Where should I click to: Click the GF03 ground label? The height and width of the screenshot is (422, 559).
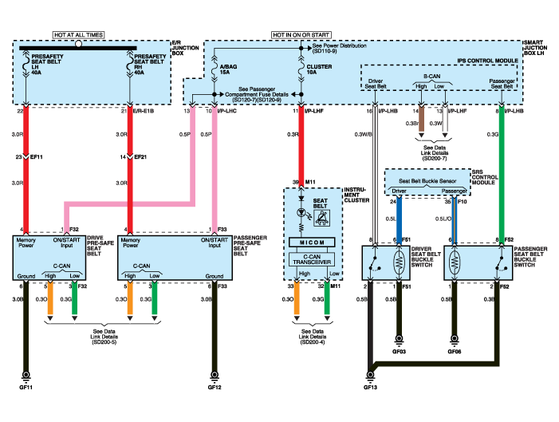399,349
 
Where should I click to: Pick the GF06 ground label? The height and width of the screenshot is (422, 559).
455,349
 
